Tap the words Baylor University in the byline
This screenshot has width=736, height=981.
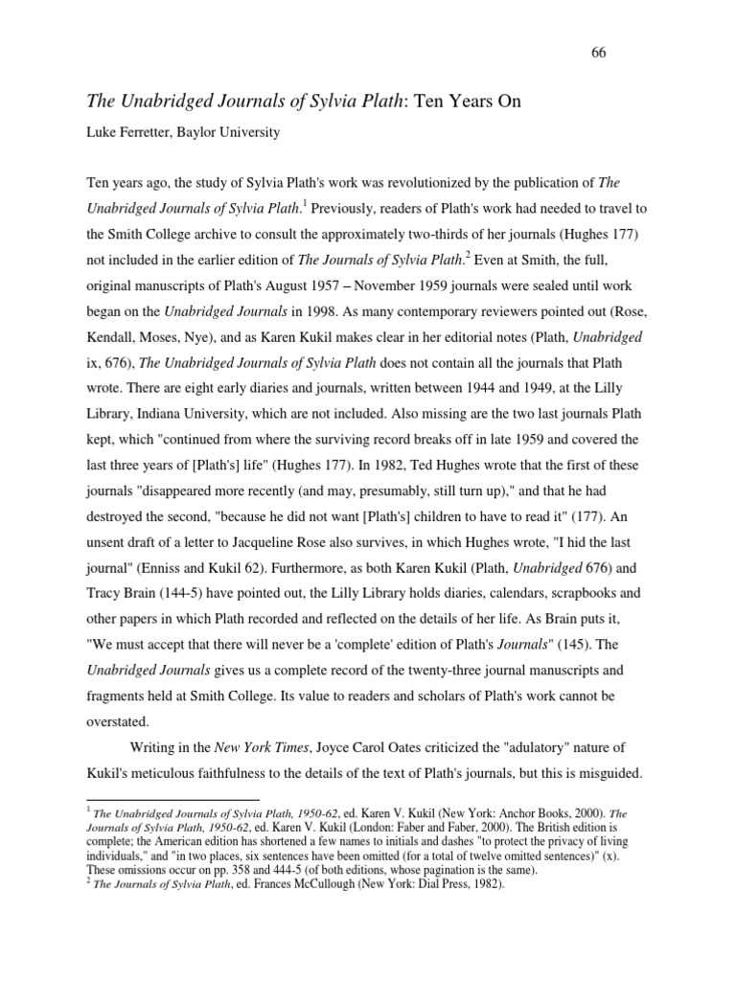(235, 132)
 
